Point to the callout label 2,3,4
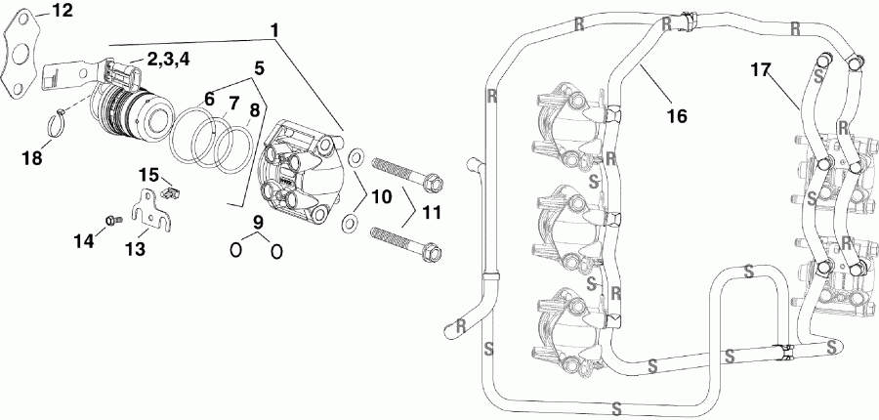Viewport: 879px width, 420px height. pos(169,59)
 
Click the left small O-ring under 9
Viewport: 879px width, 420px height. pos(236,251)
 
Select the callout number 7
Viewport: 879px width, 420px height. pos(233,103)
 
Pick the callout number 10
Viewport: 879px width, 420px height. pos(381,197)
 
